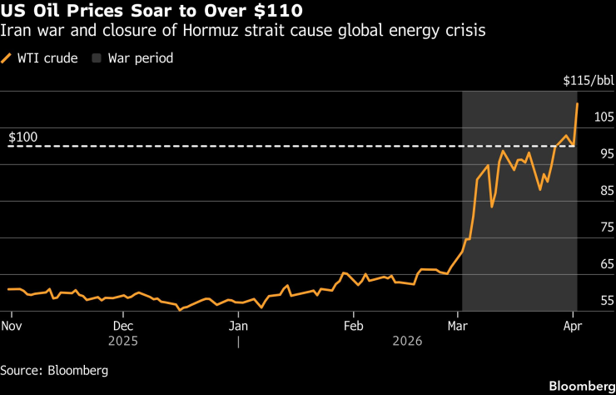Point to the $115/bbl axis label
click(x=588, y=81)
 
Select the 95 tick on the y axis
click(x=605, y=153)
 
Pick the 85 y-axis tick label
click(x=605, y=190)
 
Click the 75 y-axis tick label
click(x=605, y=227)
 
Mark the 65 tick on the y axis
click(x=605, y=263)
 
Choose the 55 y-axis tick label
click(x=605, y=300)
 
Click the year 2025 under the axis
click(x=123, y=341)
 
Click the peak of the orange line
click(x=577, y=103)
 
